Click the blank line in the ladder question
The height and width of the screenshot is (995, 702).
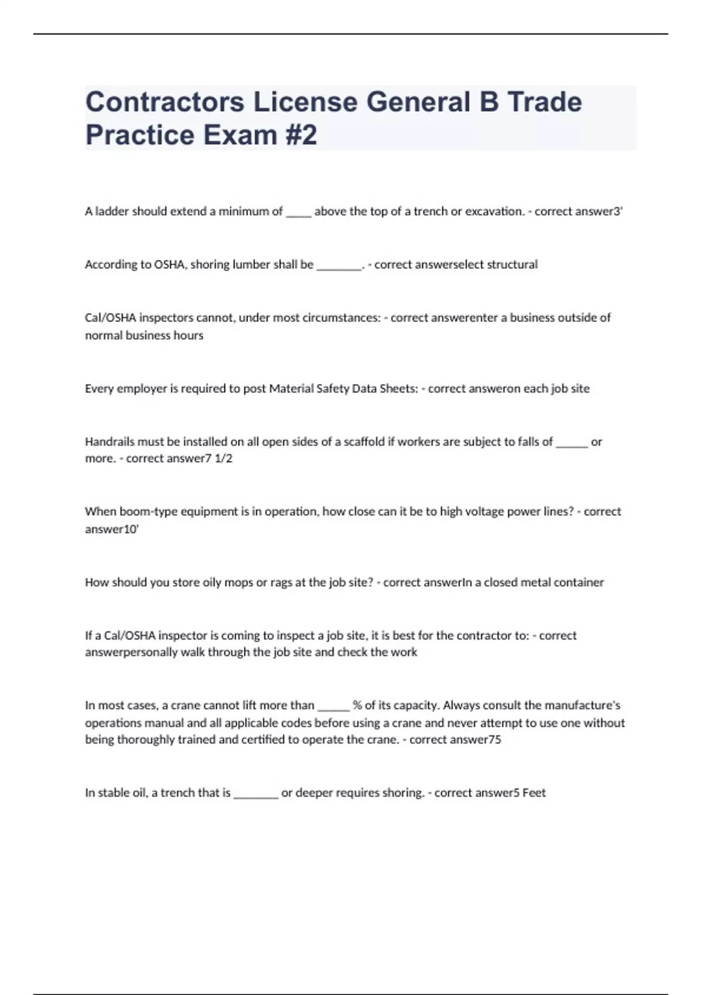298,212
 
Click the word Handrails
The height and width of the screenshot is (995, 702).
109,442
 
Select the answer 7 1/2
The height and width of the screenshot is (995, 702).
216,458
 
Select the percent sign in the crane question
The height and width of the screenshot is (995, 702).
357,705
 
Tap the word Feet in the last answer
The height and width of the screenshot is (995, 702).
534,793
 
